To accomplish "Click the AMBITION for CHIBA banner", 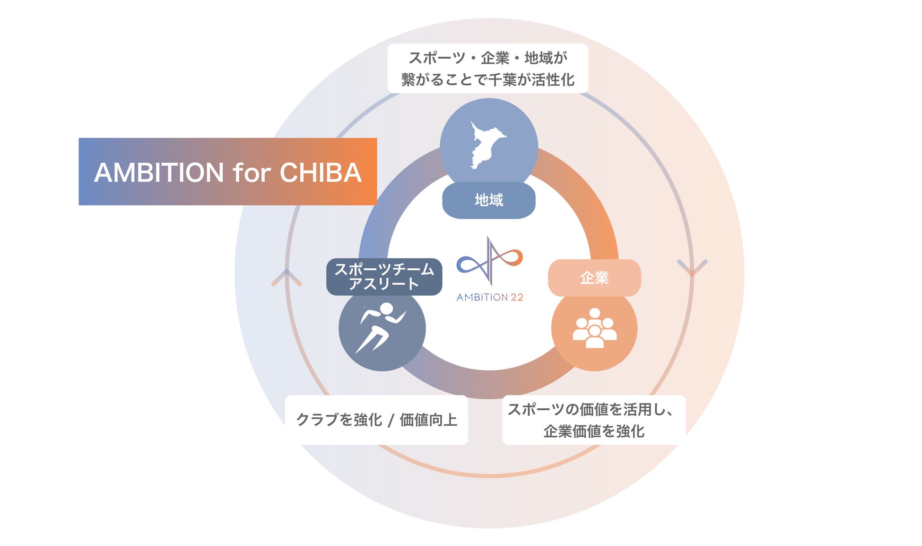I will pos(227,171).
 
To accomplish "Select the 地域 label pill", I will pos(488,200).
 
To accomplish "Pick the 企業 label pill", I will pos(594,278).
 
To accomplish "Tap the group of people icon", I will pos(594,328).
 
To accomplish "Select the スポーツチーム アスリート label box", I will pos(384,277).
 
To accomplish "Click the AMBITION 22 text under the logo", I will pos(489,297).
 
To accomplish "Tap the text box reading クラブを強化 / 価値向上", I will pos(376,420).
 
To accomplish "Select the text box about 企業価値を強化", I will pos(593,420).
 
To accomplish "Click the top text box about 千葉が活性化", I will pos(487,69).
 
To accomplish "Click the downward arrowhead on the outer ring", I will pos(692,267).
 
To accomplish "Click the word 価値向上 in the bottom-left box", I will pos(428,420).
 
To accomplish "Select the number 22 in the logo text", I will pos(516,297).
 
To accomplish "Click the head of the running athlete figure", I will pos(386,309).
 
